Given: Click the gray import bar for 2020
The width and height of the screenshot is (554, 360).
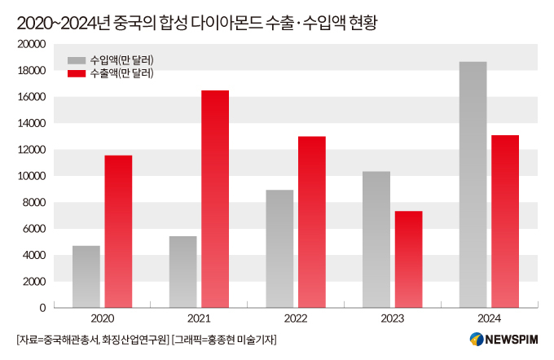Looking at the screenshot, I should [x=86, y=277].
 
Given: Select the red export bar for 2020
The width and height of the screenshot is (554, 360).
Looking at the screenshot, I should [x=118, y=231].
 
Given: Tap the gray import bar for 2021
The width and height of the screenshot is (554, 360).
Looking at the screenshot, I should [x=183, y=272].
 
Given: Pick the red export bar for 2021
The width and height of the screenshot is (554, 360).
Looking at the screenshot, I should [x=215, y=199].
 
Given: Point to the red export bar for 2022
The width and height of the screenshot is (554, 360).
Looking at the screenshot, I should [x=312, y=222].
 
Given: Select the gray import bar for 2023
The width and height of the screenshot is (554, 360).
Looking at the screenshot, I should [x=377, y=239].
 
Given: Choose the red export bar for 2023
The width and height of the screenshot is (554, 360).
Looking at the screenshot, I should [x=409, y=259].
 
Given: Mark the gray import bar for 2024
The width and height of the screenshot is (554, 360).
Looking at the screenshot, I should [x=473, y=185].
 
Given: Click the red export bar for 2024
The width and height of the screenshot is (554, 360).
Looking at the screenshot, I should [x=505, y=222].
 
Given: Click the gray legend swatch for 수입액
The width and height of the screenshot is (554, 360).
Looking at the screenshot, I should [x=77, y=60].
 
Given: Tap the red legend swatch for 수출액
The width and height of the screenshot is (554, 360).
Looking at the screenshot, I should [x=77, y=73].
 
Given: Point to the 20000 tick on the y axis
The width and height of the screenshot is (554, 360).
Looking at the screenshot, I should [x=31, y=45].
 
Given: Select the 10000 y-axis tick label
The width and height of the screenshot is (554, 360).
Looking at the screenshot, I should [x=31, y=176].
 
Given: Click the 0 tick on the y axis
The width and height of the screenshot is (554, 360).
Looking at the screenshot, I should [x=42, y=308].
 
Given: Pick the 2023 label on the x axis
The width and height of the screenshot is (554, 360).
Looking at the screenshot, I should [x=393, y=319].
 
